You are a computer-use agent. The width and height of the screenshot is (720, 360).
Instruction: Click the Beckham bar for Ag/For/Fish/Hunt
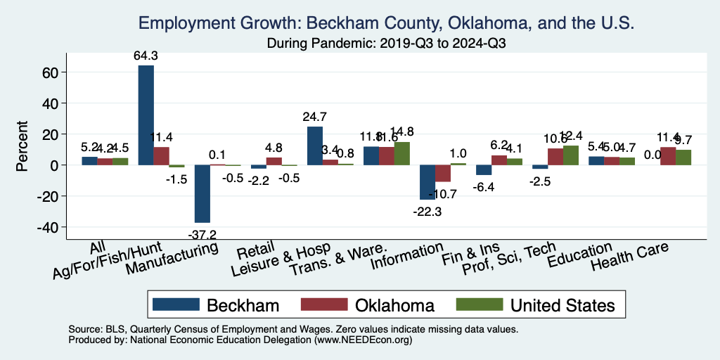pyautogui.click(x=146, y=115)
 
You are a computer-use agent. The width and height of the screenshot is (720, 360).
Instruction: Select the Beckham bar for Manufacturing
pyautogui.click(x=202, y=193)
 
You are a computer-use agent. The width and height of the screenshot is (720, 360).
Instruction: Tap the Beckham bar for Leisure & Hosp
pyautogui.click(x=315, y=146)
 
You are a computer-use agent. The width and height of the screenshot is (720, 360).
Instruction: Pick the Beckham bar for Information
pyautogui.click(x=427, y=182)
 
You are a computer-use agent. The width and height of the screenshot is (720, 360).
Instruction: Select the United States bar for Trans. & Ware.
pyautogui.click(x=402, y=153)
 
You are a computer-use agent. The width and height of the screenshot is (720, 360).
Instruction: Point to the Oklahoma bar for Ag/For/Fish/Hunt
pyautogui.click(x=162, y=156)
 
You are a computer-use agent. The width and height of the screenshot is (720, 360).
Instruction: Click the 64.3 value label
pyautogui.click(x=146, y=56)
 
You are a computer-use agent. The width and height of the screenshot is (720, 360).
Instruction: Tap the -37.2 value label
pyautogui.click(x=202, y=233)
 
